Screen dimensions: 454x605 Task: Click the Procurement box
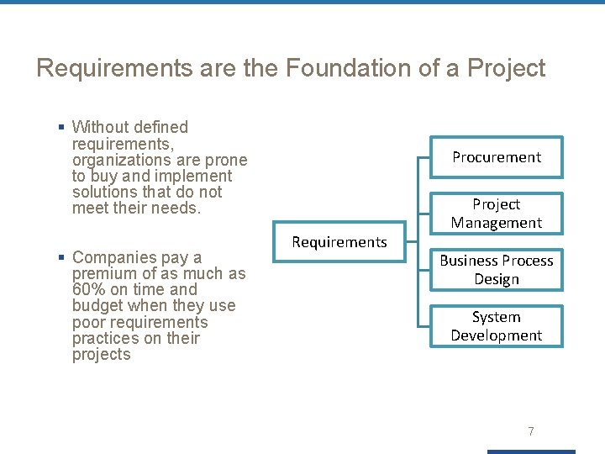497,157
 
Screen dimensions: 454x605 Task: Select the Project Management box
497,214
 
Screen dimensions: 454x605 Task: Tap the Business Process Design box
497,270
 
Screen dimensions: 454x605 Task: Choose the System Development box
497,326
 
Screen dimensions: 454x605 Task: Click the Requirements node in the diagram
339,242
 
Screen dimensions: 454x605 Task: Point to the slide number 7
530,431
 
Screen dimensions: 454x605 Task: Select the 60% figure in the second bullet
89,289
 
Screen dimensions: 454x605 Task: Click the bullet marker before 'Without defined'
61,128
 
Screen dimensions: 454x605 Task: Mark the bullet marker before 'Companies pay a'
61,258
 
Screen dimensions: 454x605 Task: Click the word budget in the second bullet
97,306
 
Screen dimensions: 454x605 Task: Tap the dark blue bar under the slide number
531,451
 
